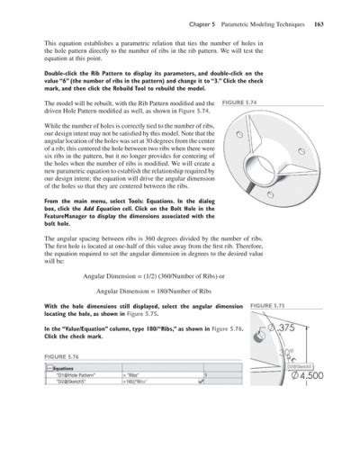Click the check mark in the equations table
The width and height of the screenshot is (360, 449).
click(x=212, y=380)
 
